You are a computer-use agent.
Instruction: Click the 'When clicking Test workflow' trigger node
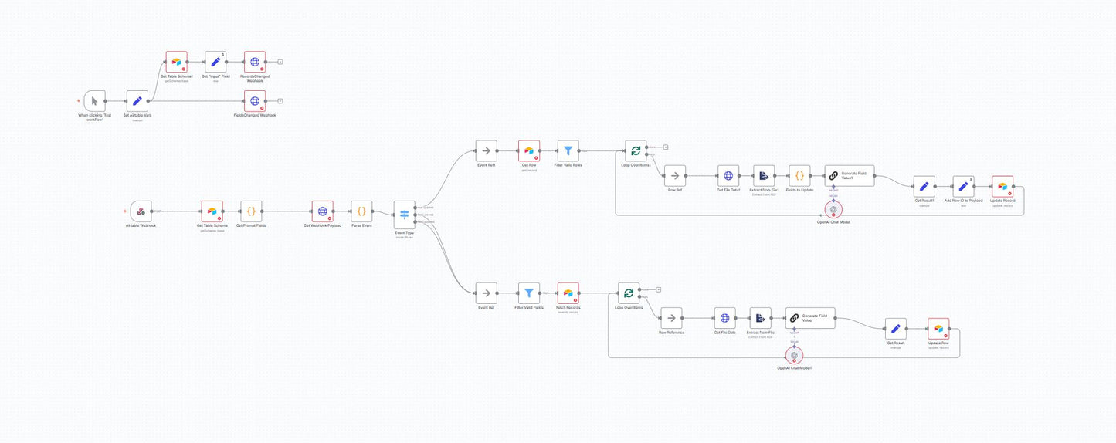94,101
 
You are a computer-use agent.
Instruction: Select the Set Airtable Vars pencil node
137,101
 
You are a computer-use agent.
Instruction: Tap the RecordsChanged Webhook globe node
255,62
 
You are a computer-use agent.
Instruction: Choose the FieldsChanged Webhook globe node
255,101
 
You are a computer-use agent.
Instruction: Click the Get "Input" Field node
215,62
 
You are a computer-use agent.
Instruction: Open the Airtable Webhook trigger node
141,211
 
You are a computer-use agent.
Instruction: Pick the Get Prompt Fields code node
251,211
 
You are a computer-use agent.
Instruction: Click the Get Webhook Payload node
322,211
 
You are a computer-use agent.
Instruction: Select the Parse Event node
361,211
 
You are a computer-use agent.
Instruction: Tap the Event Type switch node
404,215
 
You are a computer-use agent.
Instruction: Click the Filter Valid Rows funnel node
568,151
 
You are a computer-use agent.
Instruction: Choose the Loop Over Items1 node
635,151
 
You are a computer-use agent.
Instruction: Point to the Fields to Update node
799,175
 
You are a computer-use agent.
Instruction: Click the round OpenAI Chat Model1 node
793,355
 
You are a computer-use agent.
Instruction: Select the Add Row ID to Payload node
963,186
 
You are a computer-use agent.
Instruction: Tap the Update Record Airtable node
1002,186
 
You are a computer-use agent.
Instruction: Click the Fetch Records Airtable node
568,293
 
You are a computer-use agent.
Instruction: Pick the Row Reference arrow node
671,317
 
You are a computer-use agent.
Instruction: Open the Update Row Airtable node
938,329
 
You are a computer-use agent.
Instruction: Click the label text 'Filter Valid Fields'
529,308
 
